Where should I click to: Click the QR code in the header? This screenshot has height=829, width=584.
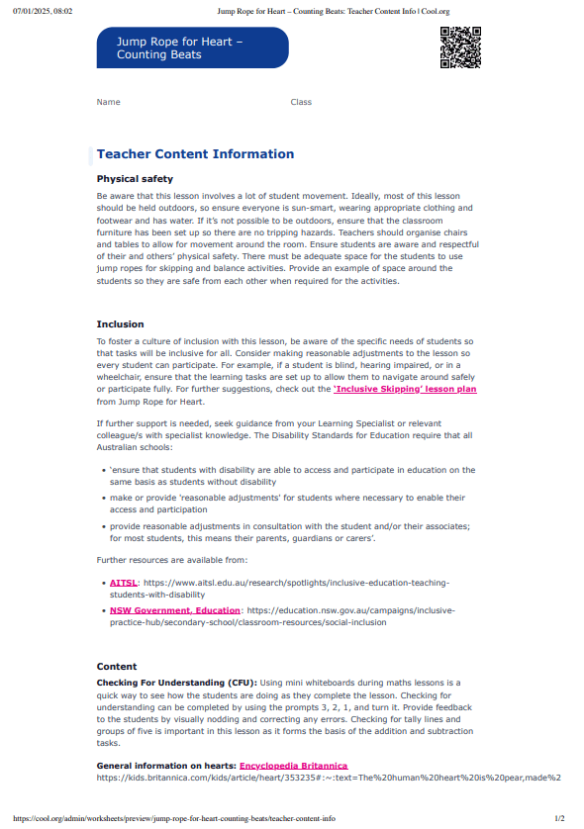(x=459, y=47)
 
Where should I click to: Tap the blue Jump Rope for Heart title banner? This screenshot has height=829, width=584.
(x=193, y=47)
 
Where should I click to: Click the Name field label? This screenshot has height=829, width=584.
(x=108, y=102)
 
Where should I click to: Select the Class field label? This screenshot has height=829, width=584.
(x=301, y=102)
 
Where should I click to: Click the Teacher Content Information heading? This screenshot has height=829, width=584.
(x=195, y=154)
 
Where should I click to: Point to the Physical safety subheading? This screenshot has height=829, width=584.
(x=135, y=179)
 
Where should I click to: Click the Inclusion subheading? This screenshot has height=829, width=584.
(x=120, y=324)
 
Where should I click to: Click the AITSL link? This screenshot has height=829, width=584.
(x=124, y=584)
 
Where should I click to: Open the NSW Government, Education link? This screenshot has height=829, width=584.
(x=175, y=610)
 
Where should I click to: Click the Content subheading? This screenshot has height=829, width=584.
(x=117, y=667)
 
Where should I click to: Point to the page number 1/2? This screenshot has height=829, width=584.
(x=559, y=819)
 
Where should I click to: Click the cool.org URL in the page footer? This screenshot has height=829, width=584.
(x=173, y=819)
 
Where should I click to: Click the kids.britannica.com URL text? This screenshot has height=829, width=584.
(x=327, y=778)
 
